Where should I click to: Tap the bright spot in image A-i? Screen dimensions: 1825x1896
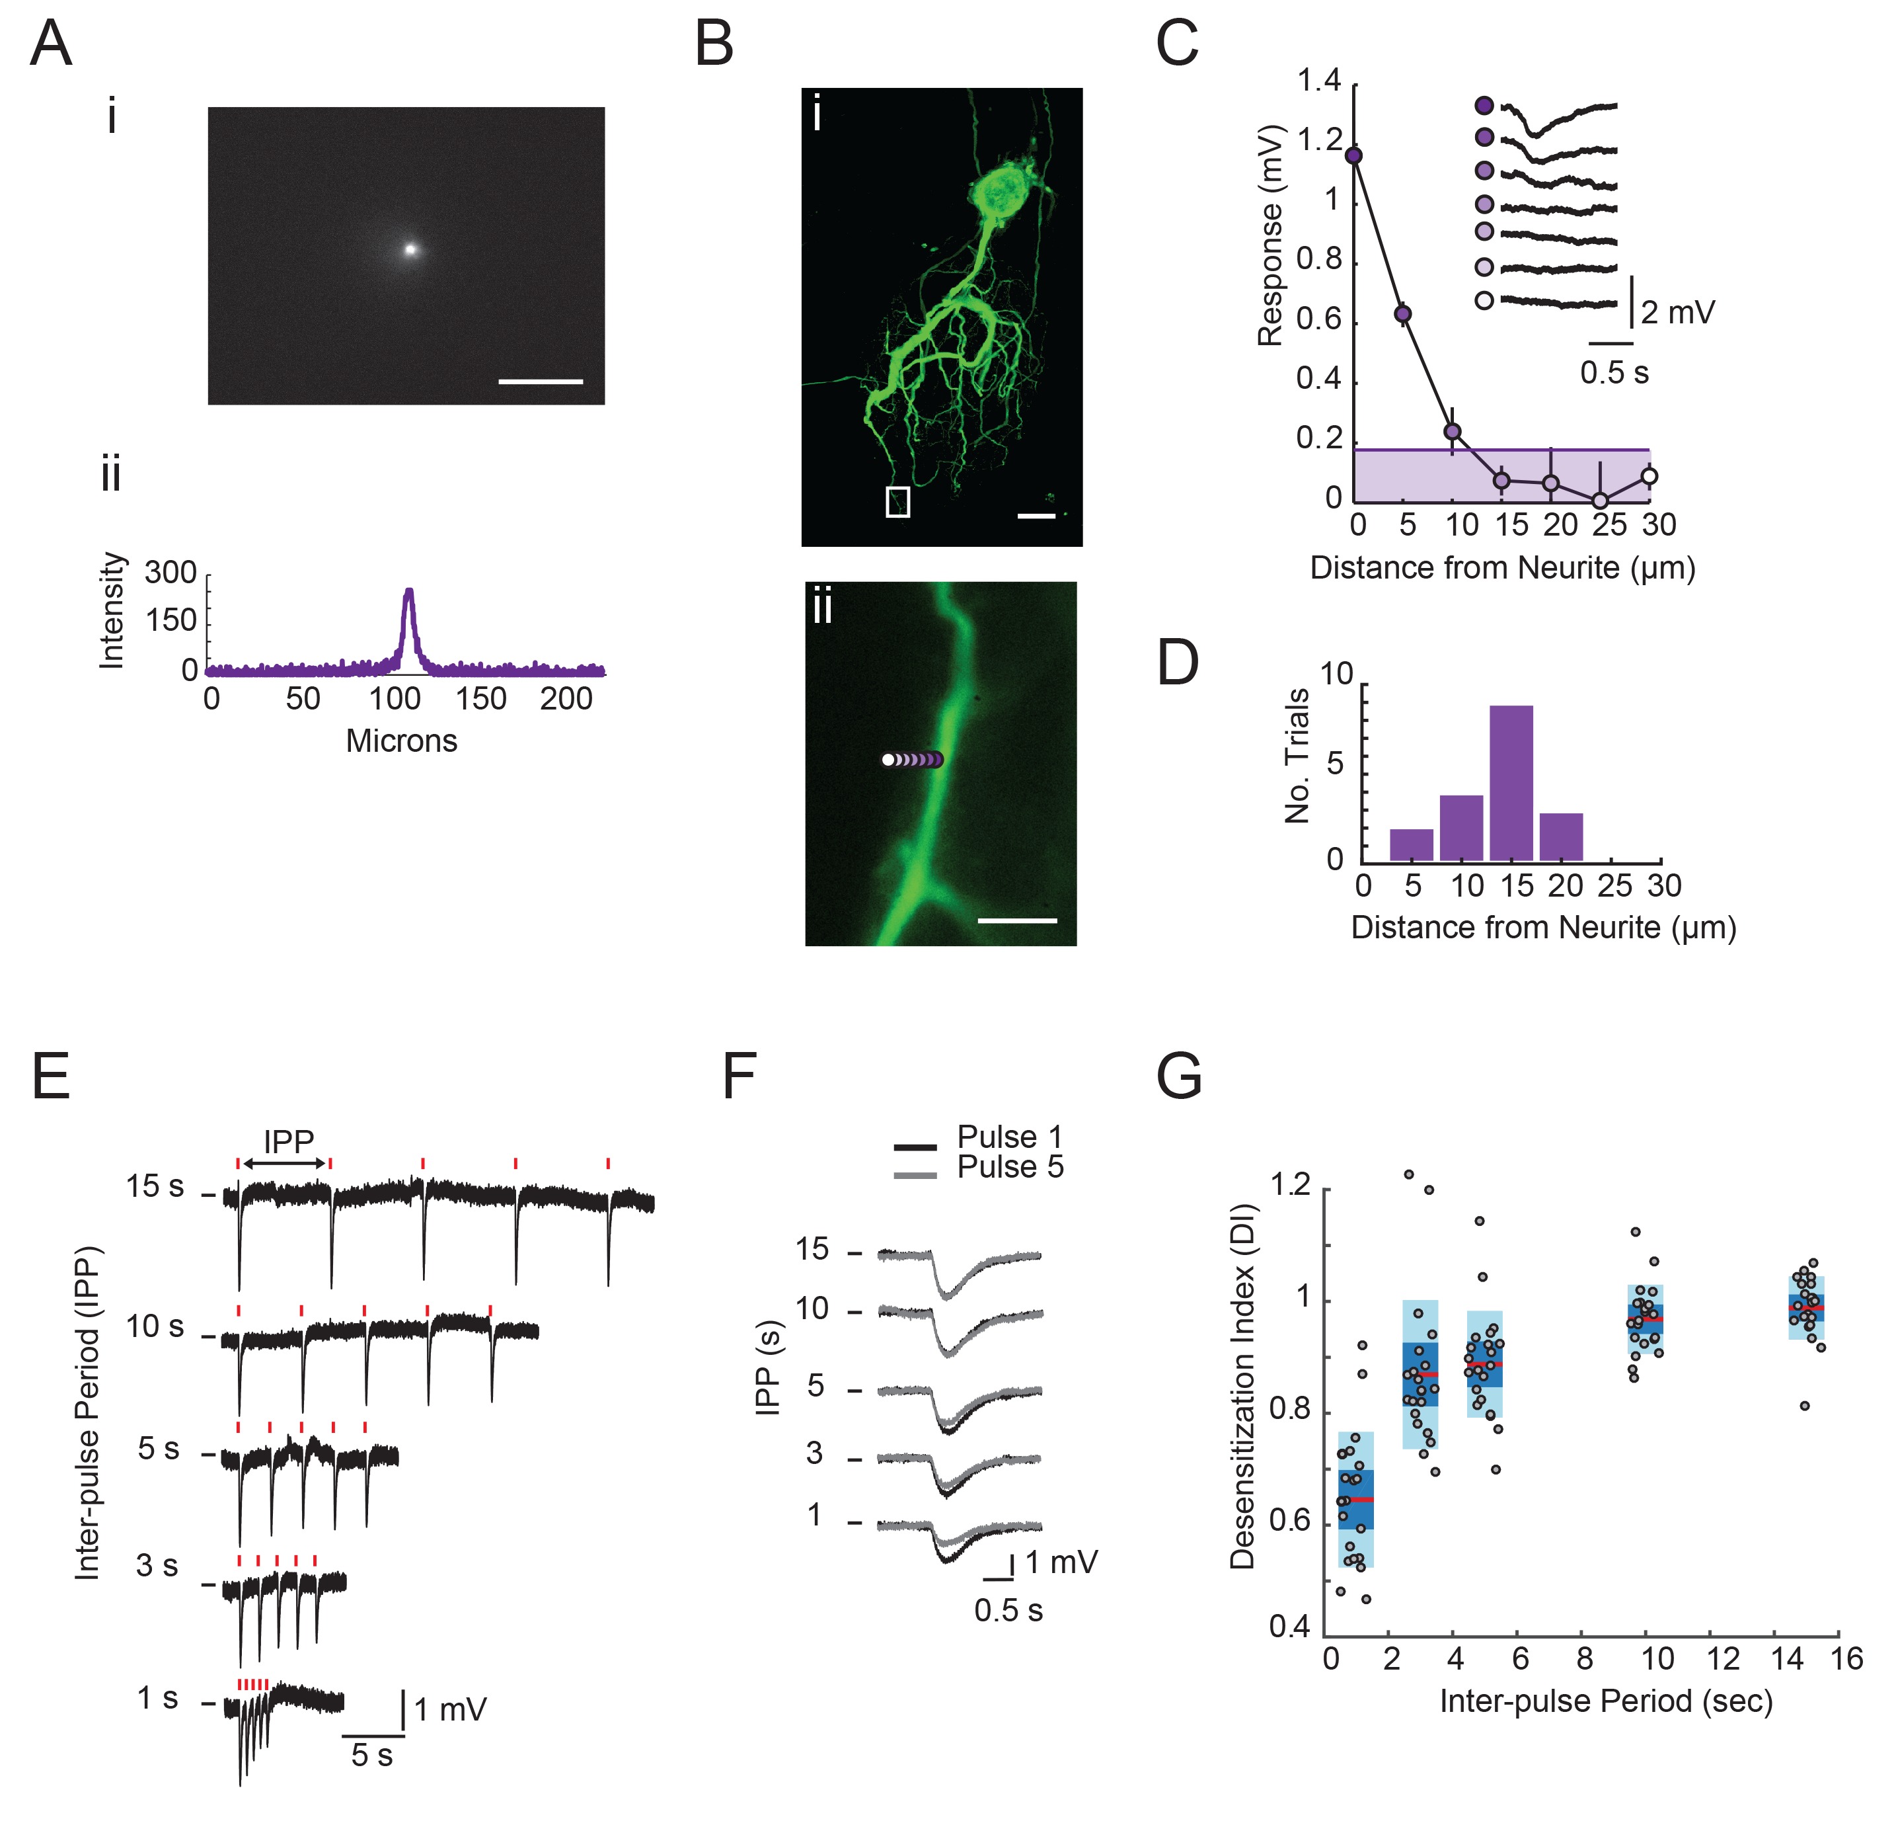click(x=410, y=249)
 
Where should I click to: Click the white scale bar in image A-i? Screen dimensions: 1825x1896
click(x=540, y=382)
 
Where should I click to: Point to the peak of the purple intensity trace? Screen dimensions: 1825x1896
click(x=409, y=590)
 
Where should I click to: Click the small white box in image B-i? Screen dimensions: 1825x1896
click(x=897, y=501)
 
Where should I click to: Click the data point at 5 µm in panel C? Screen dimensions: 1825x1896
click(x=1402, y=313)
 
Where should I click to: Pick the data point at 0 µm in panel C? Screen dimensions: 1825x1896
click(x=1354, y=155)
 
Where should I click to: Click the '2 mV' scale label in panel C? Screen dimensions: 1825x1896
click(x=1679, y=313)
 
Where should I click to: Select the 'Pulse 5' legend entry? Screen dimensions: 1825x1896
click(x=1010, y=1167)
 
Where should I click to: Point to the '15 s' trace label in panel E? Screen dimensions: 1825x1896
click(x=155, y=1186)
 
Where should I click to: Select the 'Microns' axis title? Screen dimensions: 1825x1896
click(x=401, y=741)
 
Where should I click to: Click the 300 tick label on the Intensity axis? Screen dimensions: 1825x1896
click(x=171, y=573)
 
